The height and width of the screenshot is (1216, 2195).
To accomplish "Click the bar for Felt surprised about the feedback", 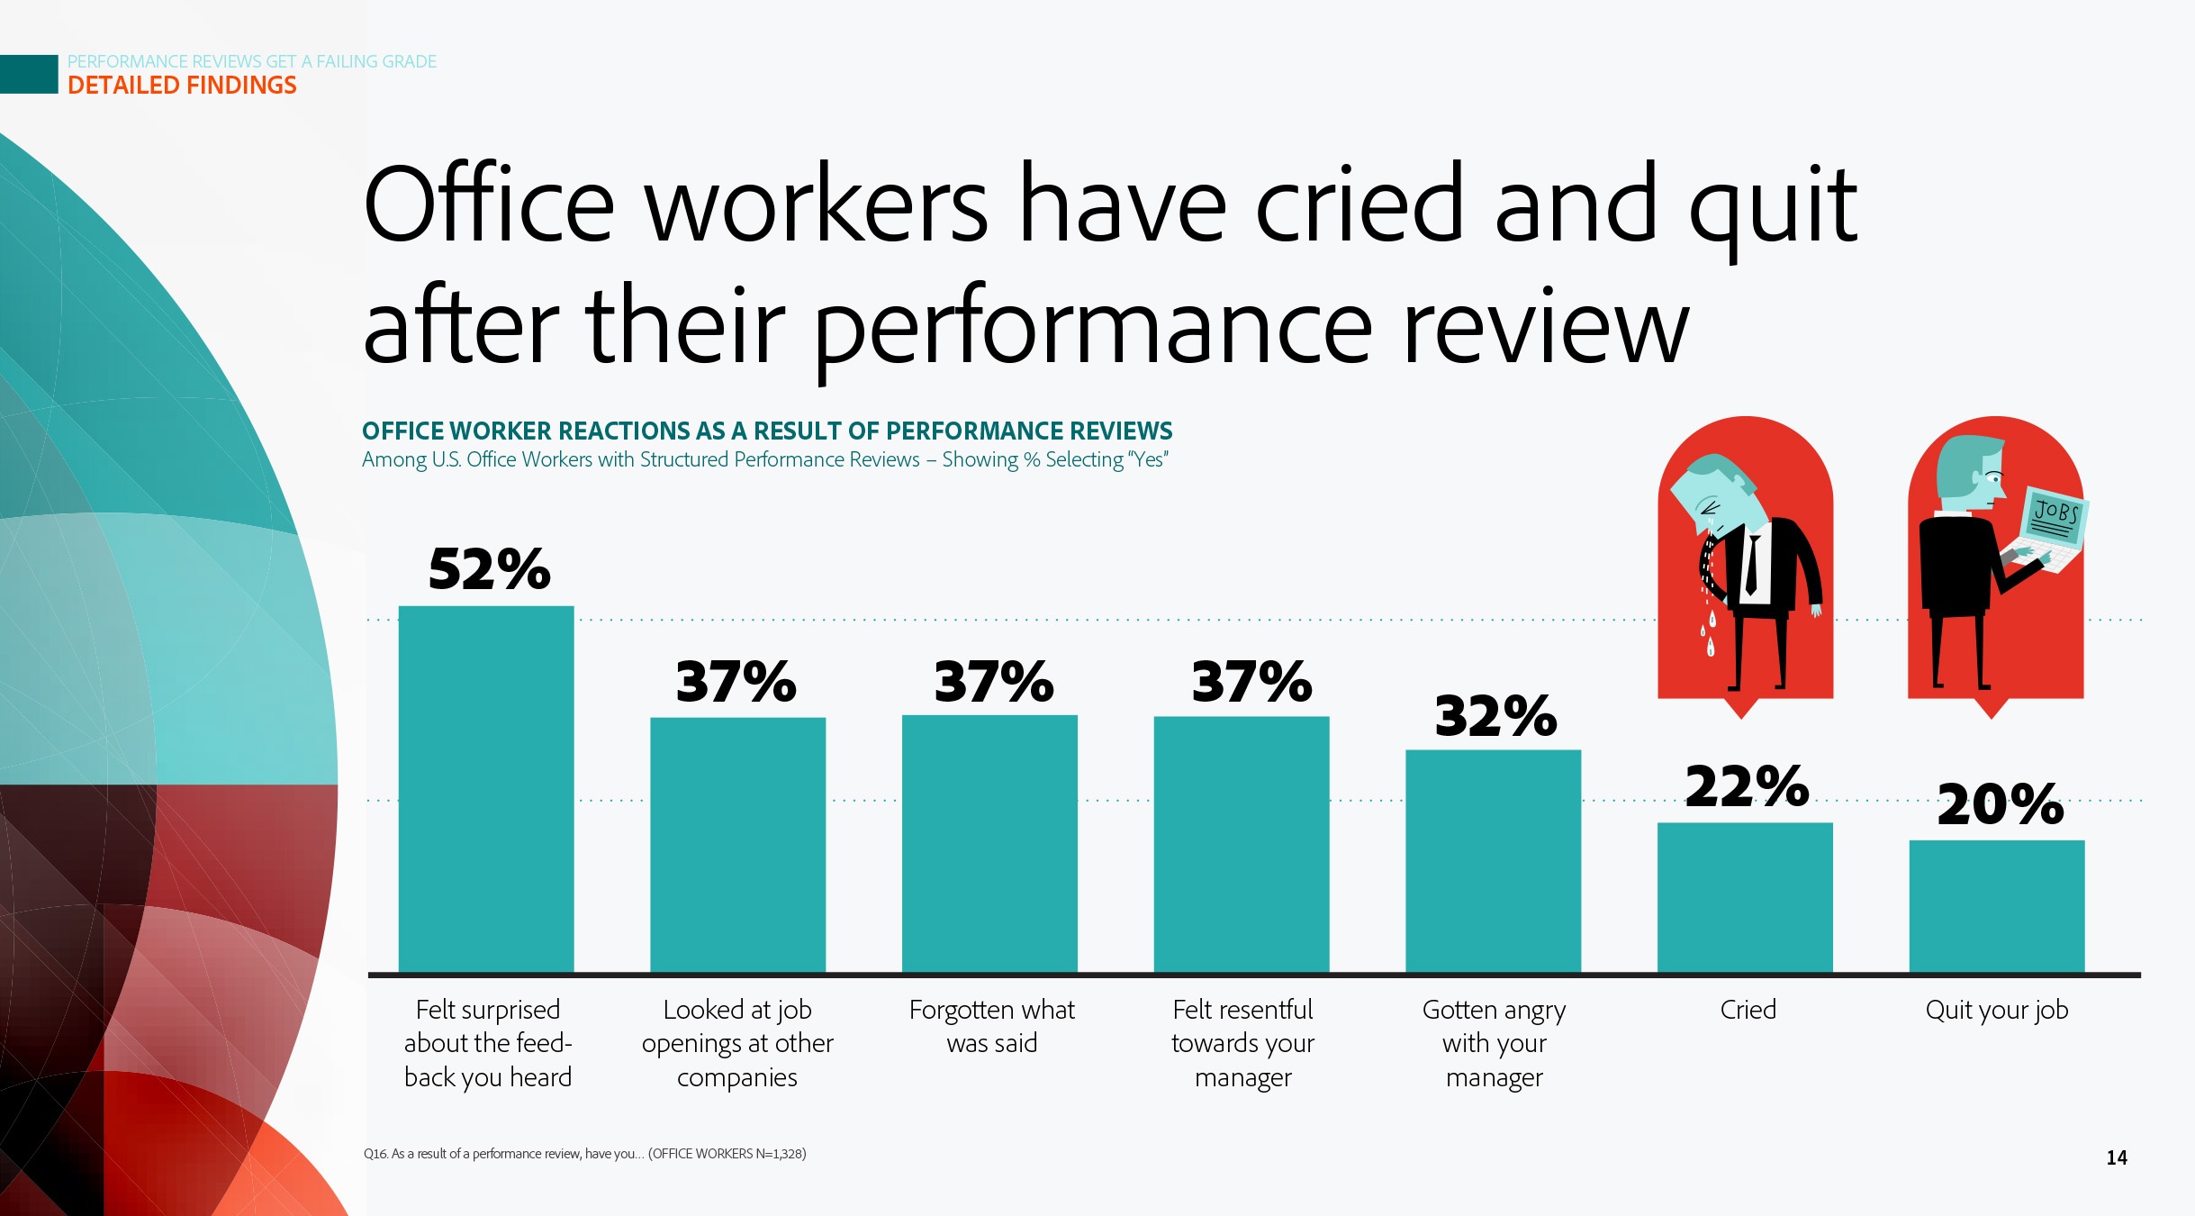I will (486, 789).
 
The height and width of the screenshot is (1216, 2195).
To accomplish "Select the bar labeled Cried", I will (1745, 897).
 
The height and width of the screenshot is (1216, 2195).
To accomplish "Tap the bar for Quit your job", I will (1996, 906).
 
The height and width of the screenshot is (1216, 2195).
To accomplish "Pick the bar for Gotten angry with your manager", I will (1493, 861).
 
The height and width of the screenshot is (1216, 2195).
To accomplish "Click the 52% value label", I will (489, 569).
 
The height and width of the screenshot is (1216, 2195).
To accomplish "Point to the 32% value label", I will (1495, 716).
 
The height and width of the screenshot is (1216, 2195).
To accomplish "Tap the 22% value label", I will (1747, 786).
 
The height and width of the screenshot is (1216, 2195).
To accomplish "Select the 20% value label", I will (2000, 804).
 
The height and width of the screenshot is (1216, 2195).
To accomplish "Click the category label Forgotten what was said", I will (991, 1026).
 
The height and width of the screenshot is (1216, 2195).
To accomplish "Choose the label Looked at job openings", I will (737, 1042).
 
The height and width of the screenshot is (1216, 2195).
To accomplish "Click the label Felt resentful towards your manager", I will (1242, 1042).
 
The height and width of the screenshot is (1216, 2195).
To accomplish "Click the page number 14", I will (2116, 1157).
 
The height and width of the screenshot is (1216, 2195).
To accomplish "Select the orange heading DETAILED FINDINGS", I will (182, 86).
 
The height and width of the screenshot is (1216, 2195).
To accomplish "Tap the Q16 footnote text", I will (584, 1154).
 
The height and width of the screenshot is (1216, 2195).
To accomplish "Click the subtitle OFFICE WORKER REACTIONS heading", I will (766, 431).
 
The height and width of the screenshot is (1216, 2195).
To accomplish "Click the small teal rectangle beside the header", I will (29, 74).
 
